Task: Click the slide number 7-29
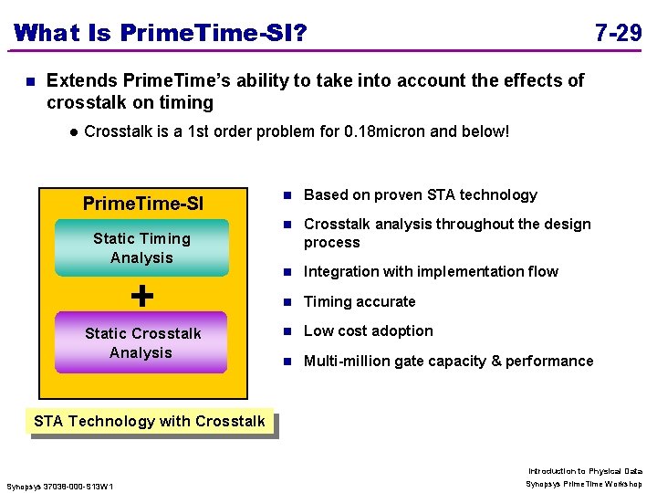(x=618, y=34)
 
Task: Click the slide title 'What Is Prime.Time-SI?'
(x=161, y=34)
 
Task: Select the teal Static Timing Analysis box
(x=141, y=248)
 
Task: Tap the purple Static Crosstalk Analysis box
(x=141, y=343)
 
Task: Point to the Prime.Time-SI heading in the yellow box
(x=143, y=203)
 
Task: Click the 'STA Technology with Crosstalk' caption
(x=149, y=421)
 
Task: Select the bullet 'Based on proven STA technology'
(x=420, y=194)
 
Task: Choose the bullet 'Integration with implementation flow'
(x=431, y=271)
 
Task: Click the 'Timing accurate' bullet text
(x=360, y=301)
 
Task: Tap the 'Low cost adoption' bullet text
(x=368, y=330)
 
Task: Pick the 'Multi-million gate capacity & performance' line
(x=448, y=361)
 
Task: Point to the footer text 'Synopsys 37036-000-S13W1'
(x=60, y=486)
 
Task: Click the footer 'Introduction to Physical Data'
(x=585, y=470)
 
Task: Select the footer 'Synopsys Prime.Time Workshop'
(x=584, y=484)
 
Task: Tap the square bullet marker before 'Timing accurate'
(x=287, y=301)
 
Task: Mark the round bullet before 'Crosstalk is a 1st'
(x=71, y=131)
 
